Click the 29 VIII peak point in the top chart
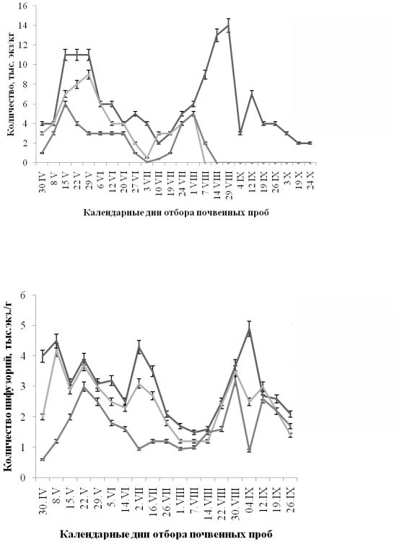tap(228, 25)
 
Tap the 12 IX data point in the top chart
tap(252, 94)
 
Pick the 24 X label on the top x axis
tap(310, 179)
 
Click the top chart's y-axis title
tap(11, 84)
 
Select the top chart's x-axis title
tap(176, 213)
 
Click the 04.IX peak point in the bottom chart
tap(249, 329)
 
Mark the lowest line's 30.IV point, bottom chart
tap(43, 460)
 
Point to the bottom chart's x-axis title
tap(167, 534)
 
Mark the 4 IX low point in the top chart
tap(240, 133)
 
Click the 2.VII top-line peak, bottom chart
tap(139, 347)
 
